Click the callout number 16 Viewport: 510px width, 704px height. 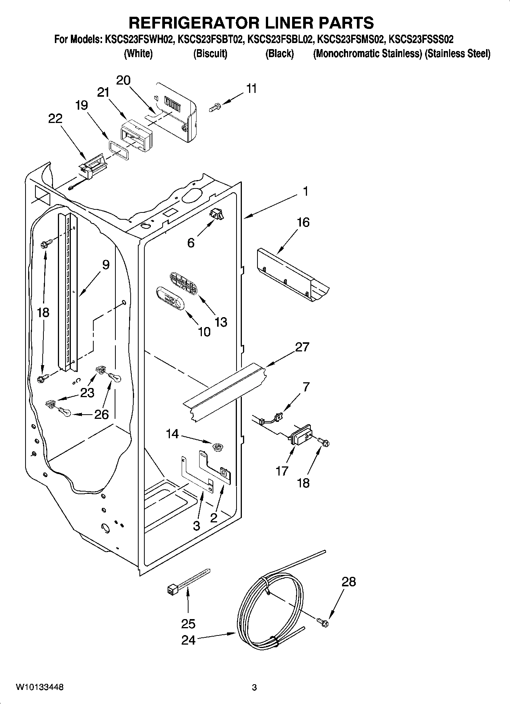(x=303, y=222)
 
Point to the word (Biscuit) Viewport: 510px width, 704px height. (x=210, y=54)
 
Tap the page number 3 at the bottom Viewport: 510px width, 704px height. (x=254, y=687)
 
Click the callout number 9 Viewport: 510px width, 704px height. (x=106, y=264)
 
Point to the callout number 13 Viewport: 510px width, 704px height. (x=221, y=322)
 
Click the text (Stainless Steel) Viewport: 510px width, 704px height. (x=458, y=54)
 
